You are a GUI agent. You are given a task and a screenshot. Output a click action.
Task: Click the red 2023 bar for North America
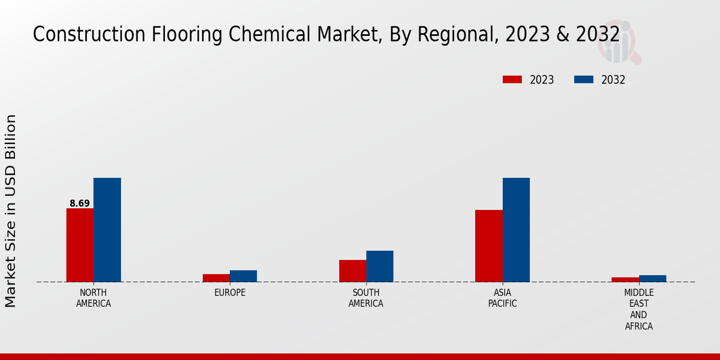(80, 245)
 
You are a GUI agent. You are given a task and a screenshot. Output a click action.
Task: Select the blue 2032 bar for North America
(107, 230)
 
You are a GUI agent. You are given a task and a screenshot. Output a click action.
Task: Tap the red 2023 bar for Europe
(216, 278)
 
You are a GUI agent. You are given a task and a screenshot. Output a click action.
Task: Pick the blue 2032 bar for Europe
(243, 276)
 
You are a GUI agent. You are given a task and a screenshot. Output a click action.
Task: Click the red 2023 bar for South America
(352, 271)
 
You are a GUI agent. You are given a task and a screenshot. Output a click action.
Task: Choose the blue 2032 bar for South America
(380, 266)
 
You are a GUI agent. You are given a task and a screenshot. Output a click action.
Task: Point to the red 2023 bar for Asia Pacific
(488, 246)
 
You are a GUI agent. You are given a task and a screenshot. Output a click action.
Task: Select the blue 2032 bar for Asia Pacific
(516, 230)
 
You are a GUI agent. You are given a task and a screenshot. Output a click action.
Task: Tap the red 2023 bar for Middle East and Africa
(625, 280)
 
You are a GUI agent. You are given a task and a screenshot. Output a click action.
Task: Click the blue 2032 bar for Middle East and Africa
(652, 278)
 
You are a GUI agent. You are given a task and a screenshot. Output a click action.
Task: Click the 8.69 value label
(80, 203)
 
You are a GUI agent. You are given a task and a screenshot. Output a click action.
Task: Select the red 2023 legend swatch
(512, 80)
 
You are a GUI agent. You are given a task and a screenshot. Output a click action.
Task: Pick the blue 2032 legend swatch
(584, 80)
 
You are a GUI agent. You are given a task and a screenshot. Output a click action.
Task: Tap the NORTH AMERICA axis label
(94, 298)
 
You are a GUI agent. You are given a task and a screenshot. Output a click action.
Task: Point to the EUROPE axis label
(230, 293)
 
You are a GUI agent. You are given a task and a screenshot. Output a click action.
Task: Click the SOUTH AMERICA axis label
(366, 298)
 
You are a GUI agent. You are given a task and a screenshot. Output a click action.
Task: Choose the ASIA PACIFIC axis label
(502, 298)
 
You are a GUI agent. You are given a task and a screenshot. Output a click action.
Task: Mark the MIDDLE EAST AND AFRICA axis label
(638, 310)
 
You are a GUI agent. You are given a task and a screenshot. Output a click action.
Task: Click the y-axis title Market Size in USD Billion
(11, 211)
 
